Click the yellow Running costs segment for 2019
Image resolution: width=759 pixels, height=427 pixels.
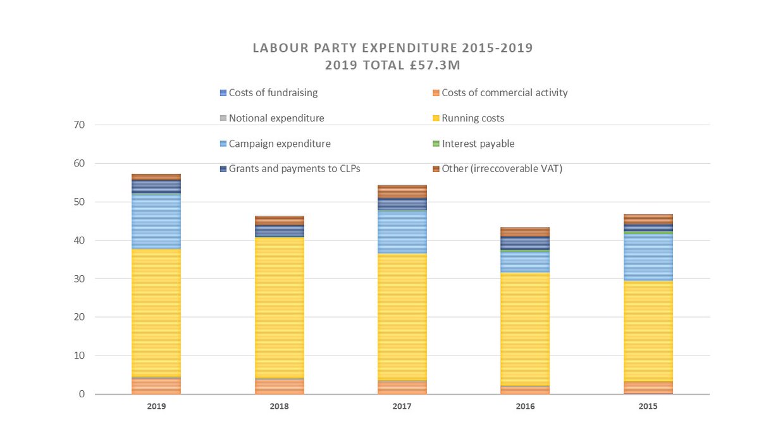(x=156, y=313)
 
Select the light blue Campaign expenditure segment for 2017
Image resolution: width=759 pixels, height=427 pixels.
(x=402, y=232)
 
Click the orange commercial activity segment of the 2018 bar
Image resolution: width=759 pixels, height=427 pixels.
(x=279, y=387)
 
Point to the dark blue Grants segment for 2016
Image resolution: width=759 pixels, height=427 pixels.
(x=524, y=243)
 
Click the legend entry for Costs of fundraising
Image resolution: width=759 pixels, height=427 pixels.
(x=273, y=93)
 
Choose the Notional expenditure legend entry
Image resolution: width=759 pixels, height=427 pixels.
(x=276, y=118)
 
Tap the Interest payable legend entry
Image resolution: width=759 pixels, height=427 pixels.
(x=478, y=144)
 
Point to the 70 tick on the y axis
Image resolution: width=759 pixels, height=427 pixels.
(x=79, y=125)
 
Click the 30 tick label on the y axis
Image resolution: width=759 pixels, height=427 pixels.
(x=79, y=279)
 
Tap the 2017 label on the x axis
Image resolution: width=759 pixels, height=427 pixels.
(x=402, y=407)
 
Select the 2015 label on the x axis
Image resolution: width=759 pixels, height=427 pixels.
(x=648, y=407)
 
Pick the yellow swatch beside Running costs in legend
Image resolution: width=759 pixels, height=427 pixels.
(x=435, y=118)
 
